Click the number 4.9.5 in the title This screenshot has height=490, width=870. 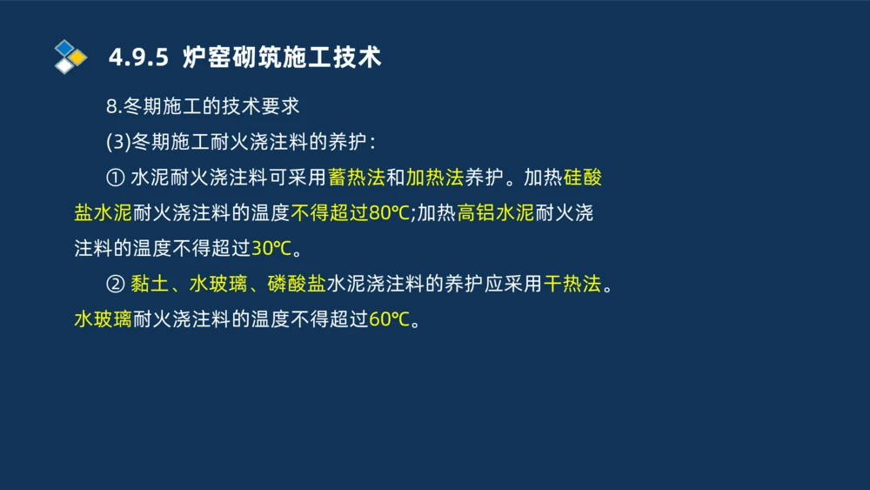click(x=139, y=57)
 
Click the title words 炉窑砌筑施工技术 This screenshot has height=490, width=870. click(x=282, y=57)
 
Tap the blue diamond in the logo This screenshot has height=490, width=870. click(x=64, y=48)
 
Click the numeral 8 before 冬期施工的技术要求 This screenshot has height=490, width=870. click(x=111, y=107)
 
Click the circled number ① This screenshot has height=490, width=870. click(x=115, y=178)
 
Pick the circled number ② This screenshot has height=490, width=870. click(x=115, y=284)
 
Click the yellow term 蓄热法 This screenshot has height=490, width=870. click(x=356, y=178)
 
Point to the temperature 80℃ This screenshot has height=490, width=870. click(x=389, y=213)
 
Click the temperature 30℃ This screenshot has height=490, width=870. click(x=271, y=248)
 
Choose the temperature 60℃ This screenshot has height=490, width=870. click(x=388, y=319)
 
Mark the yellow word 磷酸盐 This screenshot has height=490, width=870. click(x=296, y=284)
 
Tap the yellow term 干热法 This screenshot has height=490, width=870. click(x=572, y=284)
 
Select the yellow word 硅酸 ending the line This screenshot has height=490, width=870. click(x=582, y=178)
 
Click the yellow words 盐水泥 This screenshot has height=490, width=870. click(x=103, y=213)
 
